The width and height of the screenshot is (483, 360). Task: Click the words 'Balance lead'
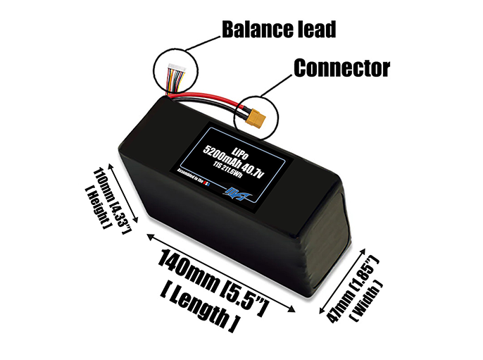(278, 30)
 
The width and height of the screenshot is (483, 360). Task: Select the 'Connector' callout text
(342, 68)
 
